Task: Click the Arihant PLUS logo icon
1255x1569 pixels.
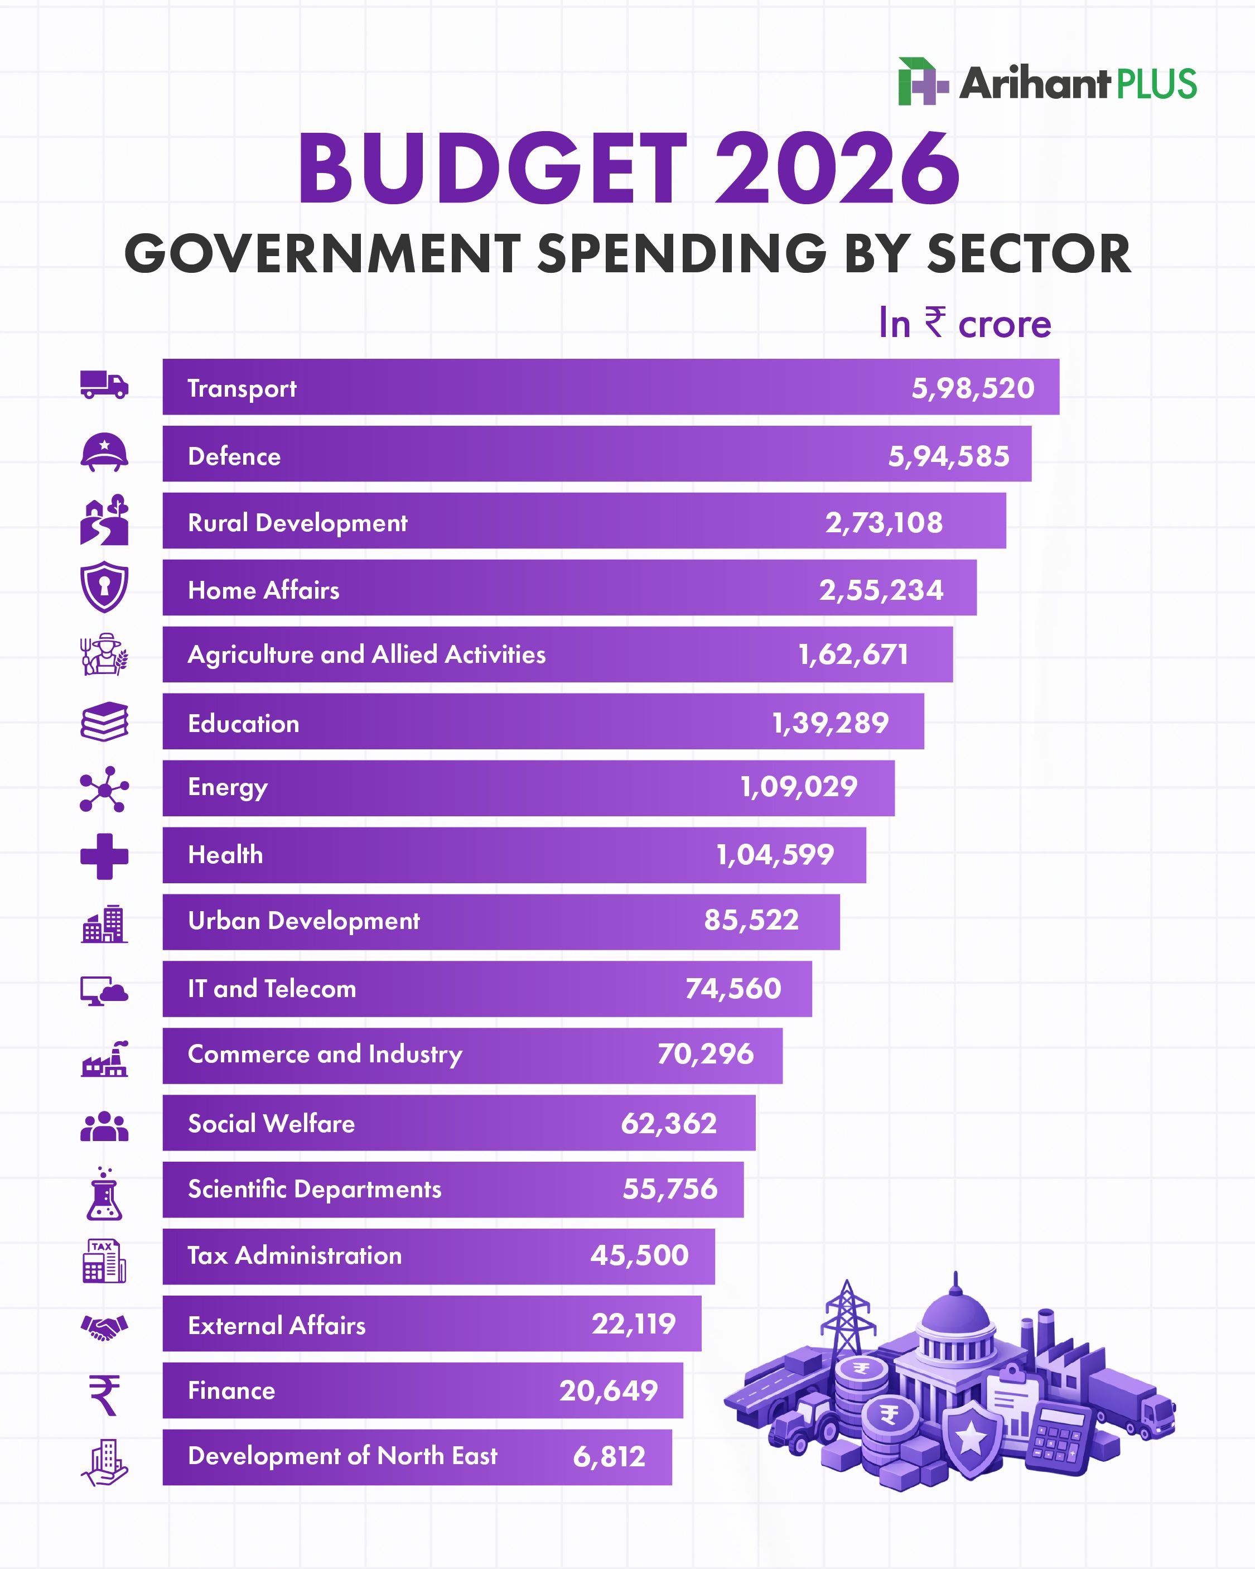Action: (923, 81)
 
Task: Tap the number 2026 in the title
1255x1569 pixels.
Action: (837, 169)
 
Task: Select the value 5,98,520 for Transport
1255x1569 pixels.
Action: (973, 388)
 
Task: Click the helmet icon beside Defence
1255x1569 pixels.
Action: (104, 453)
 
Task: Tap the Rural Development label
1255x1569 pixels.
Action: (297, 522)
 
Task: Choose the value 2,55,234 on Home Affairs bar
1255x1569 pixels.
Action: (881, 589)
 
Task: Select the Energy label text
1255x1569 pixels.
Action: (228, 787)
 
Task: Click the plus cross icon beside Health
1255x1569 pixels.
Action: (104, 856)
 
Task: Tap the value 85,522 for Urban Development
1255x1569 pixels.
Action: (751, 921)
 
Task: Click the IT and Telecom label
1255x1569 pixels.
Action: (272, 988)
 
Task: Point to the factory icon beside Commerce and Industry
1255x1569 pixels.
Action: (104, 1059)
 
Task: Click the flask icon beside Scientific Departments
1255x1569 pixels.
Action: (104, 1193)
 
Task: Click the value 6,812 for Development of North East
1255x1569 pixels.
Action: (609, 1456)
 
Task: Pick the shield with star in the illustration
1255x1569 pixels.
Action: (970, 1440)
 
